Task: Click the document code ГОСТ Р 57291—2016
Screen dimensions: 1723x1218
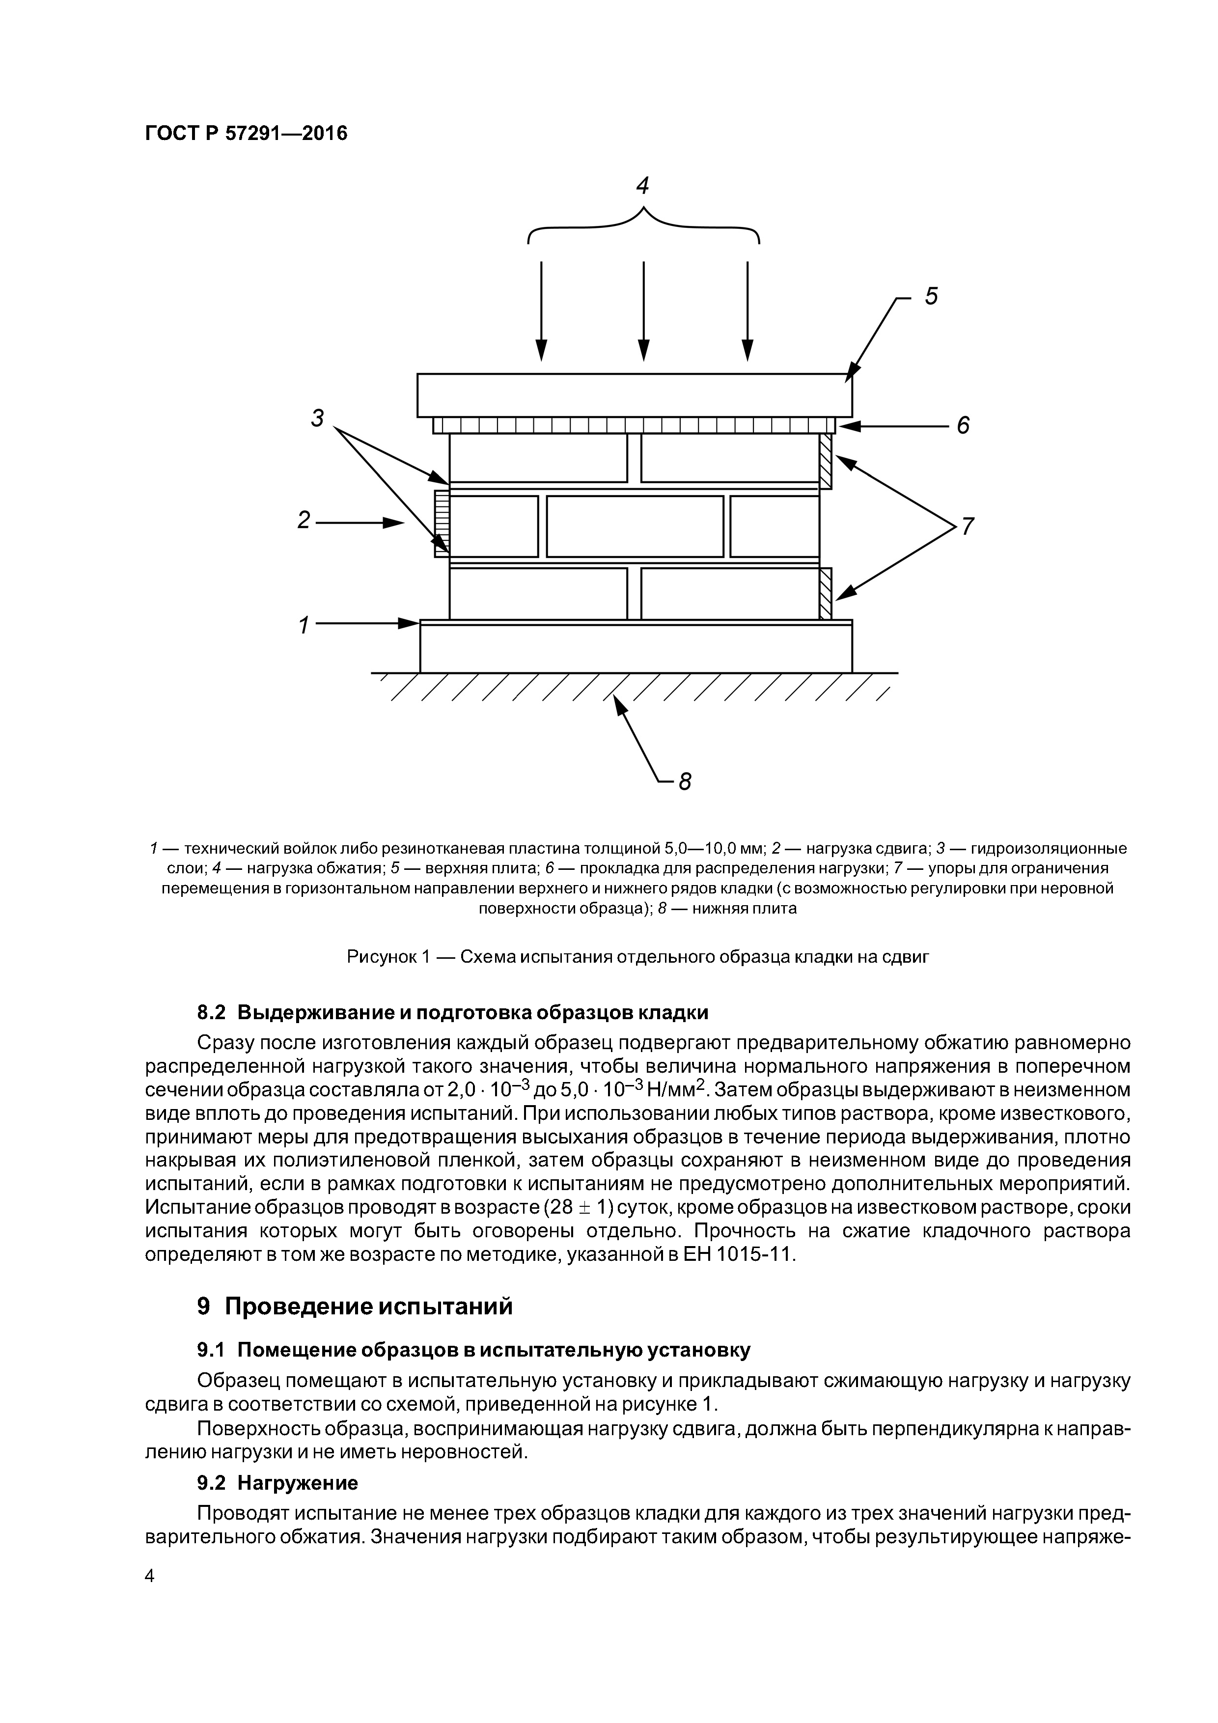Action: coord(246,134)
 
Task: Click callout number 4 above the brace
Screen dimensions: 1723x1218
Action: coord(642,185)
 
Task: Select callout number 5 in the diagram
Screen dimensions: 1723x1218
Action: coord(931,297)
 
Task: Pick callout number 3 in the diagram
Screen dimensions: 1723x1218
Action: coord(317,418)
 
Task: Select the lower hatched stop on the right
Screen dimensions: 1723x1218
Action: coord(826,593)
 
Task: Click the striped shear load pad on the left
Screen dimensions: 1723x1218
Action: coord(441,524)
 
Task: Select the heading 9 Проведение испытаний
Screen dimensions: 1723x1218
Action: coord(354,1306)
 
